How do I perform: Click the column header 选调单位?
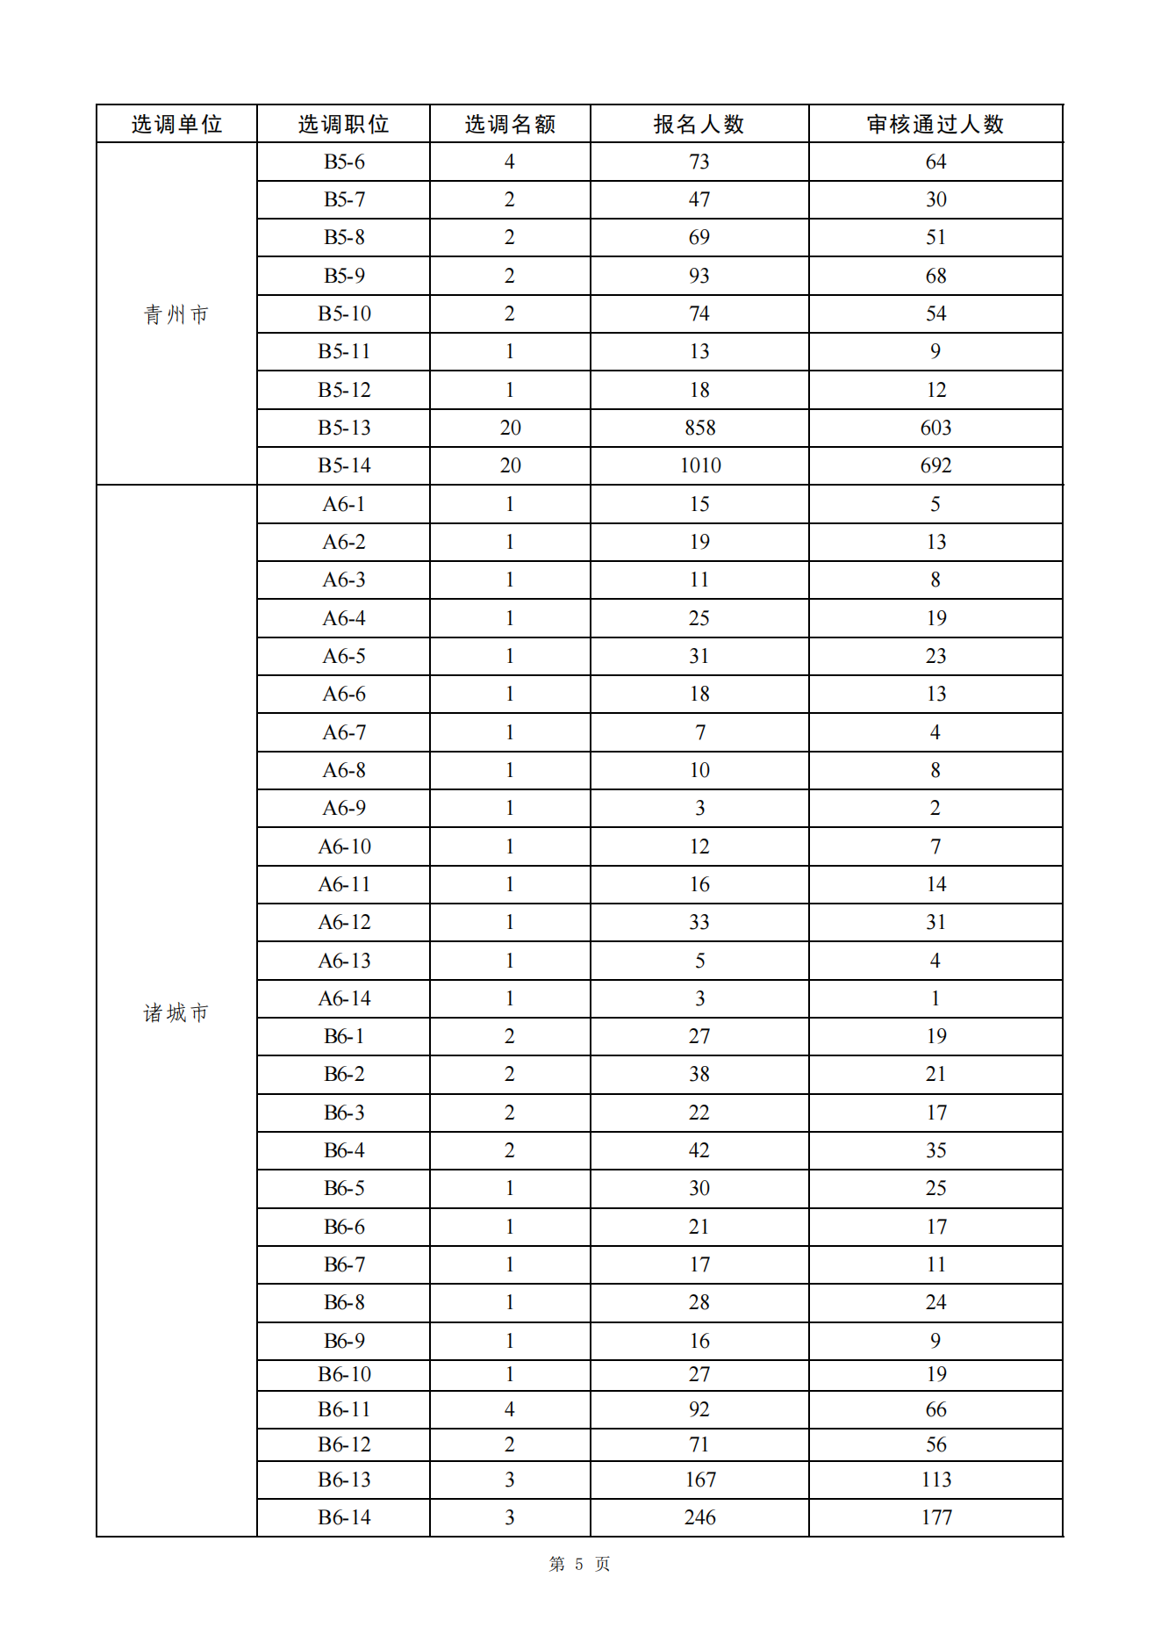(176, 124)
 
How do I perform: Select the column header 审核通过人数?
(935, 124)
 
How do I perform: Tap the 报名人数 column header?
(699, 124)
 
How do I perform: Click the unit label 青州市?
(176, 314)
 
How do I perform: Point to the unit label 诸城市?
(176, 1012)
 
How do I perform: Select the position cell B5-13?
(344, 428)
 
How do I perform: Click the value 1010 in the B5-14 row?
(699, 465)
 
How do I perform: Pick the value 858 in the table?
(699, 428)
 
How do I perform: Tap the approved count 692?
(935, 465)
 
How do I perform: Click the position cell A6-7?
(344, 732)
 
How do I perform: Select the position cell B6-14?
(344, 1517)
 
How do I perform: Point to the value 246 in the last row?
(699, 1517)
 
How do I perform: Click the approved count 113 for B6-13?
(935, 1480)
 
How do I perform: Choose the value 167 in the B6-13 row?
(699, 1480)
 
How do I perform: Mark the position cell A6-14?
(344, 998)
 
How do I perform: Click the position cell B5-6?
(344, 162)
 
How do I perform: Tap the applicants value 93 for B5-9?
(699, 276)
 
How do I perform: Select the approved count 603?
(935, 428)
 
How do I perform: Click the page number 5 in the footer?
(579, 1564)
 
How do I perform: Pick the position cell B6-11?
(344, 1409)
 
